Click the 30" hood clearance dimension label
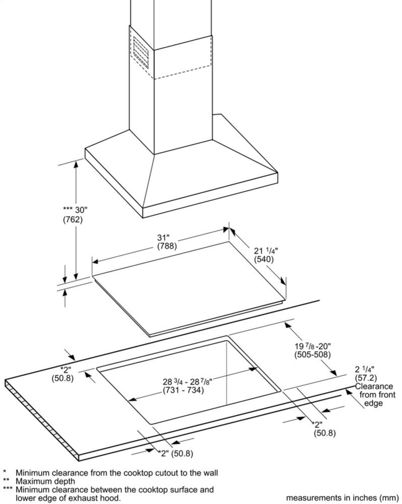(75, 210)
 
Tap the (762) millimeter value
(72, 220)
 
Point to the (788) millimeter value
(167, 246)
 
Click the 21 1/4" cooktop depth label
(266, 250)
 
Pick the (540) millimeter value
(264, 259)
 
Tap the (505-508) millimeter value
(312, 354)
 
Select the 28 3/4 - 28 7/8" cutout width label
(187, 382)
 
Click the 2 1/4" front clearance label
(365, 369)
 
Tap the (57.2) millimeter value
(366, 377)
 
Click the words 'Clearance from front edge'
(374, 395)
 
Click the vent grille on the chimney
(141, 52)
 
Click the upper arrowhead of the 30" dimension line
(76, 164)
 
